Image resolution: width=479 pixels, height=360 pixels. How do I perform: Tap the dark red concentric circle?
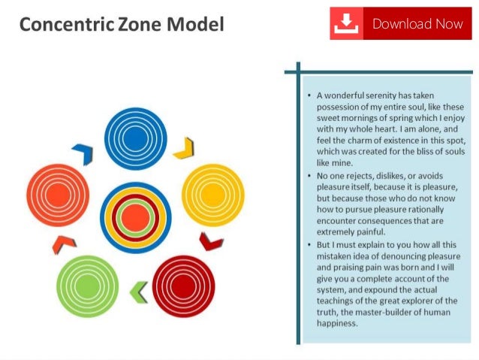point(184,286)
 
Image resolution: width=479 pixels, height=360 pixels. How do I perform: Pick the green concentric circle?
point(87,286)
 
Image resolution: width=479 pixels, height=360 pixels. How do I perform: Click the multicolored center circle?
point(135,217)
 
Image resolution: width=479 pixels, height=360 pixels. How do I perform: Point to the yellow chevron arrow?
point(184,148)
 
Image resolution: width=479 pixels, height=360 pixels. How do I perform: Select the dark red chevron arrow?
point(211,242)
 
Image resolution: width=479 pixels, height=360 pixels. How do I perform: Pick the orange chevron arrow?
point(64,243)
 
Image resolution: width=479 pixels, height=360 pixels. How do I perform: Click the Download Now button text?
point(417,23)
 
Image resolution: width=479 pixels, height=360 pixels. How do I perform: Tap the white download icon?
point(346,24)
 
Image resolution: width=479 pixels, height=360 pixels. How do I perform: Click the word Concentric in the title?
point(58,25)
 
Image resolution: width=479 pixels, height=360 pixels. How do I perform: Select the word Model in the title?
point(196,25)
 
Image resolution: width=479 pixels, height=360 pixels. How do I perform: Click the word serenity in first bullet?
point(381,96)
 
